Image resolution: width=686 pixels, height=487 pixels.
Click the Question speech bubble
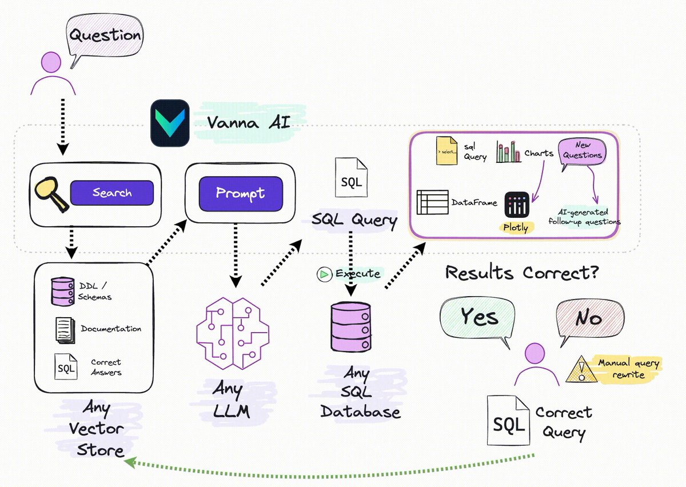pyautogui.click(x=105, y=35)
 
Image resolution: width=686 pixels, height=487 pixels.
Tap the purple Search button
pyautogui.click(x=112, y=193)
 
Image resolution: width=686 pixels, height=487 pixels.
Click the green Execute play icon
pyautogui.click(x=324, y=274)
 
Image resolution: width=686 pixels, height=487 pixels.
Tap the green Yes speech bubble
pyautogui.click(x=477, y=317)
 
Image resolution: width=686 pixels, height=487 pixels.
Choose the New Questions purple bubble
pyautogui.click(x=583, y=151)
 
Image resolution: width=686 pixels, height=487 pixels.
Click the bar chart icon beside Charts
pyautogui.click(x=508, y=151)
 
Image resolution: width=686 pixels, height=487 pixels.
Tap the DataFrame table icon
pyautogui.click(x=432, y=202)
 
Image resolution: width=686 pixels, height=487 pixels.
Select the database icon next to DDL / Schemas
pyautogui.click(x=62, y=291)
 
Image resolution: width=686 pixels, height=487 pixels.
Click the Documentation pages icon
pyautogui.click(x=65, y=330)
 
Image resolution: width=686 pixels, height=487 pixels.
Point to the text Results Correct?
pyautogui.click(x=522, y=273)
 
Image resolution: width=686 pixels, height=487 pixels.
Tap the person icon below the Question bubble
pyautogui.click(x=53, y=73)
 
